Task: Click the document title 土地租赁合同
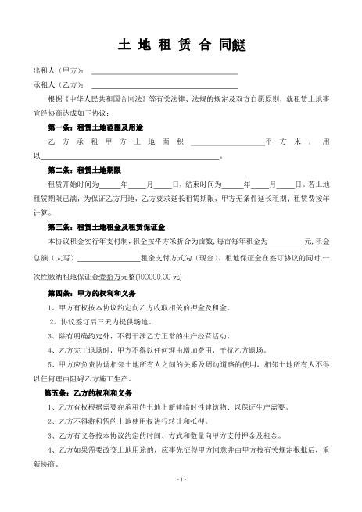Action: [181, 45]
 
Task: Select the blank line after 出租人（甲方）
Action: [164, 73]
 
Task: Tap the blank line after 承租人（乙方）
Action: [164, 86]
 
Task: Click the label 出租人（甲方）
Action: [59, 73]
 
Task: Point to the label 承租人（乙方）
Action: [59, 86]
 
